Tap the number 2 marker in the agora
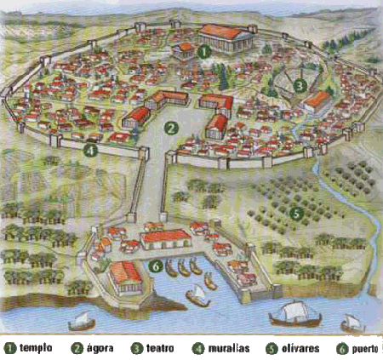point(171,129)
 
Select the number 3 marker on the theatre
point(300,85)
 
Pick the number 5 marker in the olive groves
point(295,213)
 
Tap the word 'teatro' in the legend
point(162,347)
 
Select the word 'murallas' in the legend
point(229,347)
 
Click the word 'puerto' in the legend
point(363,347)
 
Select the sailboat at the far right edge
point(350,322)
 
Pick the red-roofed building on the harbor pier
point(126,275)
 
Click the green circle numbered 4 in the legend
point(200,347)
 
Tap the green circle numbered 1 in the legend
point(9,347)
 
